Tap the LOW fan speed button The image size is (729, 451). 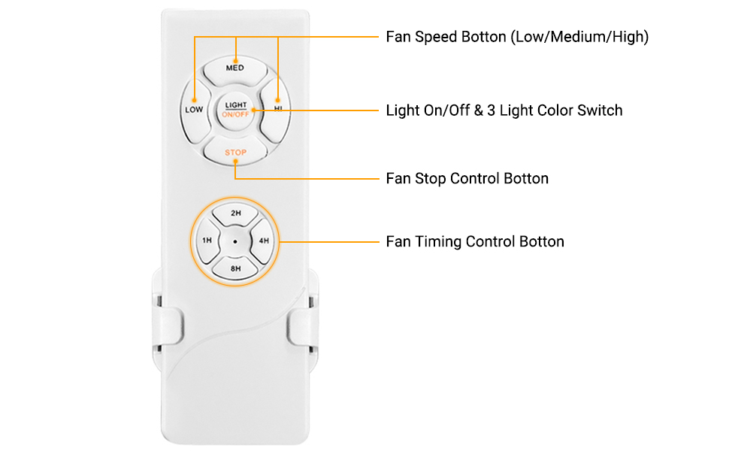[x=195, y=110]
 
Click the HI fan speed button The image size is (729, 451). [x=276, y=110]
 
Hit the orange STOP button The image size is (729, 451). [x=236, y=151]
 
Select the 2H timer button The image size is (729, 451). [x=236, y=213]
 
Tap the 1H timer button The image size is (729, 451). [x=207, y=241]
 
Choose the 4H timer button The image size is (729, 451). [x=264, y=241]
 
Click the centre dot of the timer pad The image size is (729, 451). [x=235, y=242]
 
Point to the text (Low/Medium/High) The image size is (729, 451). [x=579, y=37]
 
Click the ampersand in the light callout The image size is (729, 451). [x=479, y=110]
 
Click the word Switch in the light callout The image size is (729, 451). [x=600, y=110]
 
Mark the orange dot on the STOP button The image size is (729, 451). [x=235, y=162]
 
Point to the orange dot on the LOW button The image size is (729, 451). [x=195, y=100]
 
